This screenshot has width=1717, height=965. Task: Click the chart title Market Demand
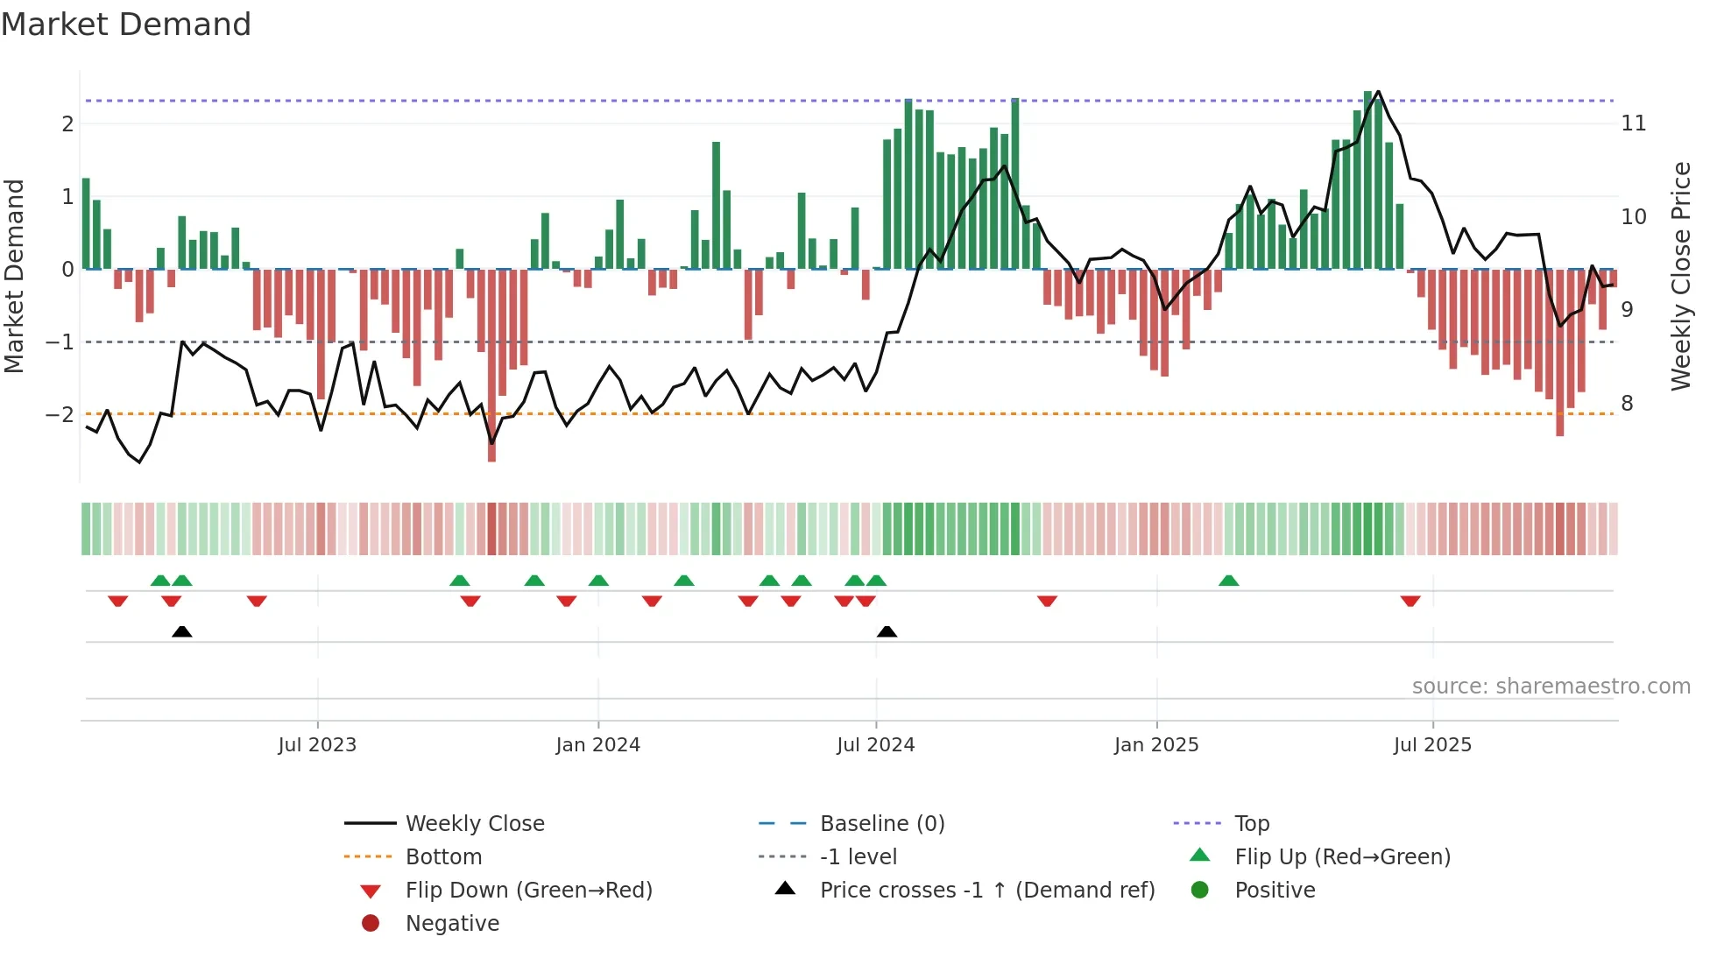pos(126,25)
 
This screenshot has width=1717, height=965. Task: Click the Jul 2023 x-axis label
pos(317,745)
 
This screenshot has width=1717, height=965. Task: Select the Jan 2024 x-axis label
pos(597,745)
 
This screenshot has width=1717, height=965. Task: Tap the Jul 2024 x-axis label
pos(875,745)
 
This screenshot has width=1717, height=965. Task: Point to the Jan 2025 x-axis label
pos(1155,745)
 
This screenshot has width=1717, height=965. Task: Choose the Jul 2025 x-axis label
pos(1432,745)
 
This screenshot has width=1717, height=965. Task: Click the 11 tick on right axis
pos(1633,123)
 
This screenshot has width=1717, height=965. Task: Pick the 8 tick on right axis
pos(1627,404)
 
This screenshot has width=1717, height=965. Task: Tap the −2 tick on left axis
pos(60,414)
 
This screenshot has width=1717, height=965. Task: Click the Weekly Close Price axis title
pos(1680,276)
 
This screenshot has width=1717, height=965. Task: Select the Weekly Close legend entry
pos(474,824)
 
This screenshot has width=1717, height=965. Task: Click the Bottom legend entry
pos(443,857)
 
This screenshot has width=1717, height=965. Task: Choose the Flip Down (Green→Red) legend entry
pos(528,891)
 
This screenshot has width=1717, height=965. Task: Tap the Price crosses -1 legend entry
pos(986,891)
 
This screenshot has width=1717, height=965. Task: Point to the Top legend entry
pos(1251,824)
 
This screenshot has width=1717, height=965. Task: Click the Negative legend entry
pos(452,924)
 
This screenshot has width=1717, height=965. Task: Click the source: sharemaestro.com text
pos(1551,687)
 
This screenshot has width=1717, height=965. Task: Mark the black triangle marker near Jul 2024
pos(887,632)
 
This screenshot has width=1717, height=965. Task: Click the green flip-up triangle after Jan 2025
pos(1228,581)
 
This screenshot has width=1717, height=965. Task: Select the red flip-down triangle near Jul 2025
pos(1410,601)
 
